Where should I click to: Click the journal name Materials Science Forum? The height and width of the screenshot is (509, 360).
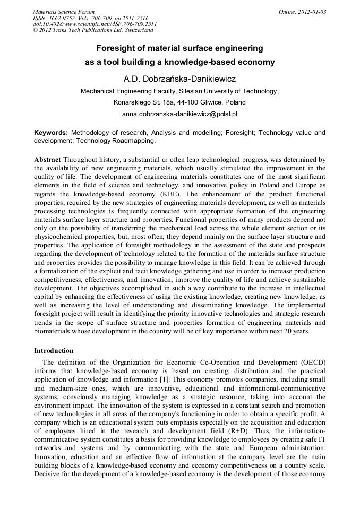[x=64, y=11]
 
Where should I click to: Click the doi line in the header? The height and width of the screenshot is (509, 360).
[x=95, y=24]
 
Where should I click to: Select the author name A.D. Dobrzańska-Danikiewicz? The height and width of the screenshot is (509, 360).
[x=179, y=79]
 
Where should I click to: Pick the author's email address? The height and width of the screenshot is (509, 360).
[x=179, y=114]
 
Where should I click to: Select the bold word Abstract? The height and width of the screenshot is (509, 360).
[x=47, y=160]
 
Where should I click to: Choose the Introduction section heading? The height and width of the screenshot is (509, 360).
[x=54, y=351]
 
